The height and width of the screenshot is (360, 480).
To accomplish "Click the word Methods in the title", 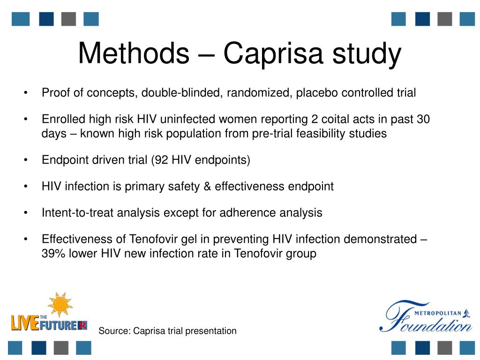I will click(133, 53).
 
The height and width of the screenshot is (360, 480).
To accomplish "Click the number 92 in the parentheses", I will click(162, 160).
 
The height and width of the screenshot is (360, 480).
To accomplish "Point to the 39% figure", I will click(52, 254).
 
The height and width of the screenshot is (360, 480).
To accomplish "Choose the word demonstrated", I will click(380, 240).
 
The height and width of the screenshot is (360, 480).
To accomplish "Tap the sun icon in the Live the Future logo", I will click(60, 305).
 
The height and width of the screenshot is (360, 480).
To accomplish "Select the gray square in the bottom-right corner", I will click(444, 347).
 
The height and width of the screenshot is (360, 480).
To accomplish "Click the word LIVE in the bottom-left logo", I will click(25, 323).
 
